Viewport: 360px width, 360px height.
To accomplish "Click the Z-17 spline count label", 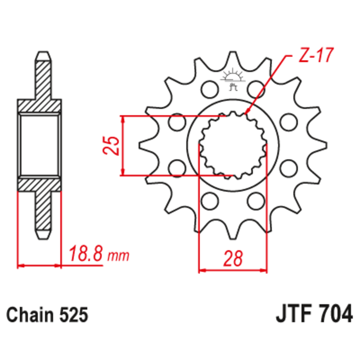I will click(x=315, y=56).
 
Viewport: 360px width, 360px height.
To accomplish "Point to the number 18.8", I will click(x=86, y=255).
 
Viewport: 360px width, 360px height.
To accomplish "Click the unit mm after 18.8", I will click(x=118, y=256).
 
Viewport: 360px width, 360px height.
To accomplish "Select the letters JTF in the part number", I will click(x=292, y=314).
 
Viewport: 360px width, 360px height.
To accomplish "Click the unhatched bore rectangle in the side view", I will click(x=39, y=145).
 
